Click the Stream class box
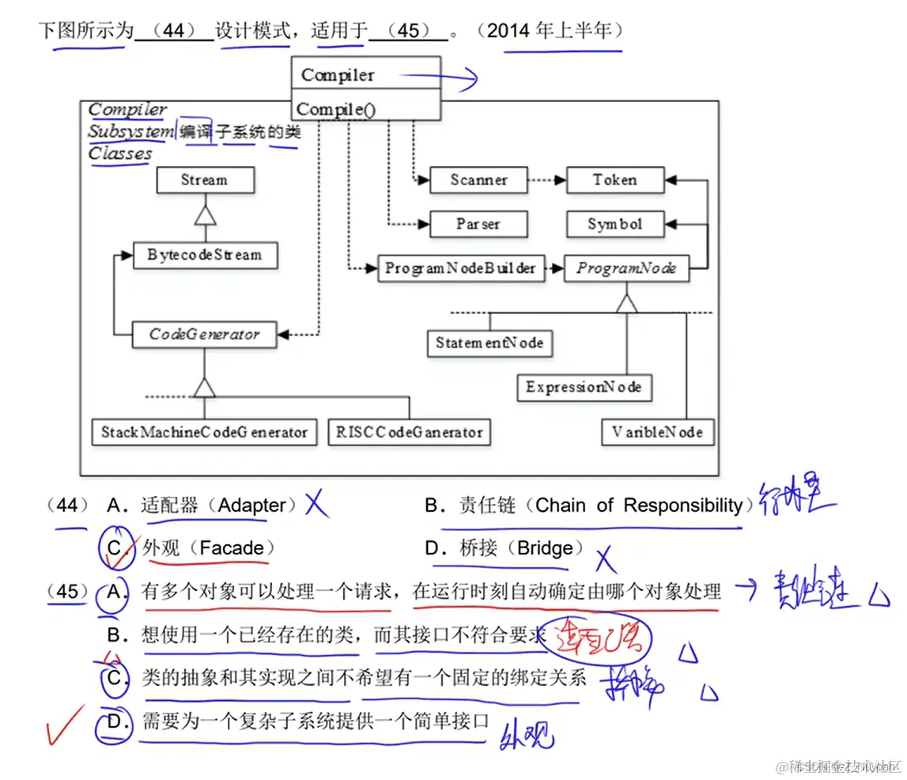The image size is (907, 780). (x=205, y=180)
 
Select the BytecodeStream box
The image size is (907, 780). (x=205, y=256)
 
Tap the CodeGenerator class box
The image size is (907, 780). (x=205, y=335)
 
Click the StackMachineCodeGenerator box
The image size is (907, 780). (x=204, y=432)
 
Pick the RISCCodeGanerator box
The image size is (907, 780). (x=409, y=432)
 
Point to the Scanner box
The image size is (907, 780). (x=478, y=180)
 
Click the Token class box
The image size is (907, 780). (x=615, y=180)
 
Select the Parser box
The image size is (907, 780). (x=478, y=225)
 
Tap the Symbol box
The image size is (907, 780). (x=615, y=225)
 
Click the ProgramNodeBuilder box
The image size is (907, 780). (x=460, y=269)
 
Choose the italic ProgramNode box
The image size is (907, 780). (x=626, y=269)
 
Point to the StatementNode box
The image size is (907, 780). (x=489, y=343)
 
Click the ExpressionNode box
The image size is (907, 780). (x=584, y=388)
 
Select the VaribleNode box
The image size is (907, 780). (x=657, y=433)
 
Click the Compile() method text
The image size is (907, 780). (x=335, y=110)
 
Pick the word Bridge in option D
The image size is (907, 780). (x=545, y=548)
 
